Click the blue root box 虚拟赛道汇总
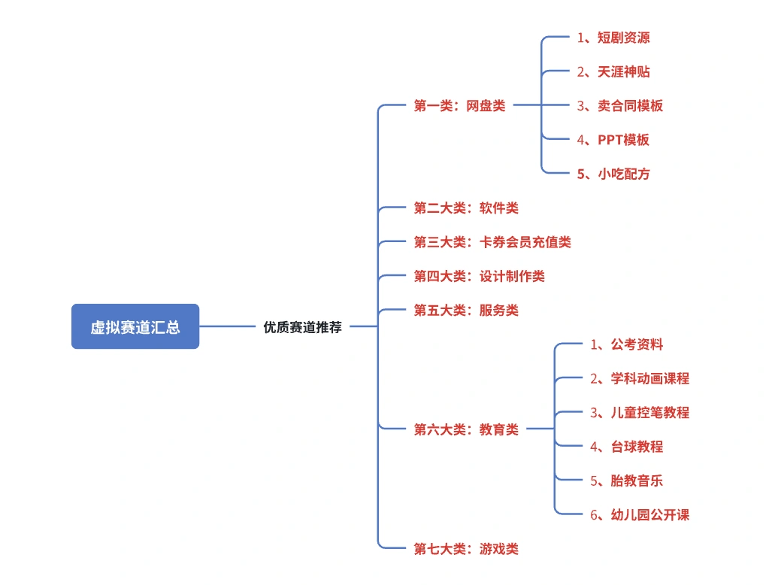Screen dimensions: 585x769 (135, 326)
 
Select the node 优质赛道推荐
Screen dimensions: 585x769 (302, 327)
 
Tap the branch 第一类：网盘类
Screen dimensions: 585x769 (459, 106)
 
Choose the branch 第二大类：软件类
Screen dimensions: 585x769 (466, 208)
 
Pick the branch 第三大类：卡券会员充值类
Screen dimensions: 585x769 (492, 242)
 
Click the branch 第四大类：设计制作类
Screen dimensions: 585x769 (479, 276)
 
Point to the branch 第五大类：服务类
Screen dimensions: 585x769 (466, 310)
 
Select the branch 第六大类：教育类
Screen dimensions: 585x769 (466, 429)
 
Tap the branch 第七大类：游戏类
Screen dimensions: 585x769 (466, 548)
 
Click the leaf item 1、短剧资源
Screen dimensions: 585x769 (613, 38)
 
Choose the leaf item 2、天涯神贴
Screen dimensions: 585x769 (613, 71)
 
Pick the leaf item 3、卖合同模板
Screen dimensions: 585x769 (620, 106)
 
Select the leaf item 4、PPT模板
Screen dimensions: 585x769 (613, 140)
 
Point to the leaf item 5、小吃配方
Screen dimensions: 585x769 (613, 174)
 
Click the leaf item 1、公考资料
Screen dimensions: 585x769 (627, 344)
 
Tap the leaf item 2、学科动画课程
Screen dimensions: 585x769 (640, 378)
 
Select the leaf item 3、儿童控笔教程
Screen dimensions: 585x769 (640, 412)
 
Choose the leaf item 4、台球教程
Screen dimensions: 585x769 (627, 446)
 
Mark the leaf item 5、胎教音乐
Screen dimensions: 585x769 (627, 480)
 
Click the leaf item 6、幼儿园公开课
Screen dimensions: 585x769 (640, 514)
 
